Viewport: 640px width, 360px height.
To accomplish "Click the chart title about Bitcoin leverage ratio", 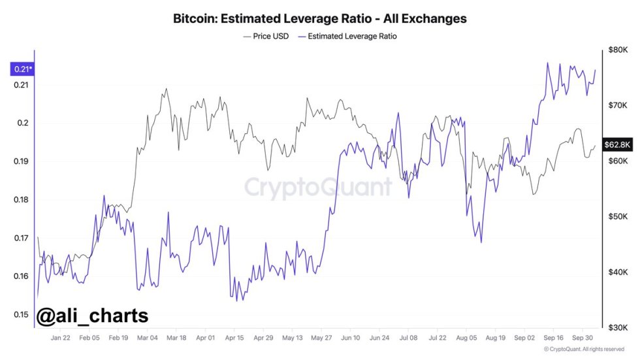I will pyautogui.click(x=319, y=18).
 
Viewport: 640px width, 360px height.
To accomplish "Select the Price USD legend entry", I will pyautogui.click(x=266, y=37).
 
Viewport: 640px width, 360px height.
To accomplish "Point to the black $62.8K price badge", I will pyautogui.click(x=616, y=144).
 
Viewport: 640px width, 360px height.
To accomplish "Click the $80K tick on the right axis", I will pyautogui.click(x=617, y=50).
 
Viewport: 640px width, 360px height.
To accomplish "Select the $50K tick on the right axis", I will pyautogui.click(x=617, y=216).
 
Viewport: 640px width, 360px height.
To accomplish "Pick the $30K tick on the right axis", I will pyautogui.click(x=617, y=327).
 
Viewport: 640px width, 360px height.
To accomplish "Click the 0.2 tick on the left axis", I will pyautogui.click(x=23, y=123).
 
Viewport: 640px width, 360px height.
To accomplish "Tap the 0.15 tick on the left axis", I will pyautogui.click(x=21, y=314).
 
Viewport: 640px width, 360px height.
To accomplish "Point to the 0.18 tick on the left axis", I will pyautogui.click(x=21, y=200).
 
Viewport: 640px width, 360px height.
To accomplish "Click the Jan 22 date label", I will pyautogui.click(x=60, y=338).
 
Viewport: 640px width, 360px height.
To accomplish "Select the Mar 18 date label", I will pyautogui.click(x=176, y=338).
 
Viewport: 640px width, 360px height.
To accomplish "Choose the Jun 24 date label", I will pyautogui.click(x=379, y=338).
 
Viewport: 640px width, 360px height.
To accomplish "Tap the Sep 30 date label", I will pyautogui.click(x=583, y=338).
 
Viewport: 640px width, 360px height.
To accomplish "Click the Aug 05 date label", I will pyautogui.click(x=467, y=338).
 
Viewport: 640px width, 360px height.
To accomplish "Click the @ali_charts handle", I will pyautogui.click(x=92, y=316).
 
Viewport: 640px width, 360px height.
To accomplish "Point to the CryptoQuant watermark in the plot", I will pyautogui.click(x=318, y=187).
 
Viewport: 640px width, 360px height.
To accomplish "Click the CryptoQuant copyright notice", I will pyautogui.click(x=584, y=350).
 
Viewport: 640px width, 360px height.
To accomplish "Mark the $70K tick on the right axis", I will pyautogui.click(x=617, y=105).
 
